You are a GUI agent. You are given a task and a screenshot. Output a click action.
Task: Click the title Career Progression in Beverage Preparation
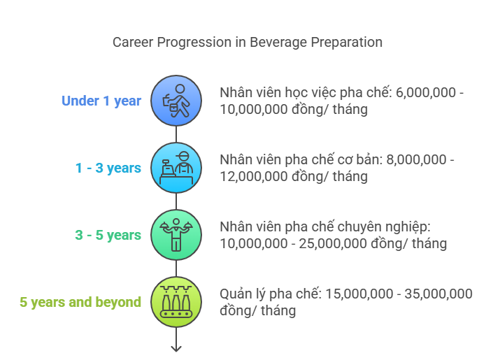point(248,43)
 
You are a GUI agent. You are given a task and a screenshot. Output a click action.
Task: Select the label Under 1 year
point(101,101)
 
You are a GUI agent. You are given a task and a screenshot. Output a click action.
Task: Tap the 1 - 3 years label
point(108,168)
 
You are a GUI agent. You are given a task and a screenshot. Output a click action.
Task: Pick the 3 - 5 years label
point(108,235)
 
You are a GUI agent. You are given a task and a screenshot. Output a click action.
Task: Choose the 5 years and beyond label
point(80,302)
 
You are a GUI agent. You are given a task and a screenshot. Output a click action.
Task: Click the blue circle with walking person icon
point(176,101)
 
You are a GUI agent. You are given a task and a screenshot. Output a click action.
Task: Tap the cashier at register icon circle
point(176,168)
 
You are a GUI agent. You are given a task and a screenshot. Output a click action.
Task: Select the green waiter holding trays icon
point(176,235)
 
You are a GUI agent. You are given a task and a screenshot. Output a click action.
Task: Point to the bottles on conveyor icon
point(176,302)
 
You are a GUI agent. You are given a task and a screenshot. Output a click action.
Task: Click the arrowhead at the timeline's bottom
point(176,349)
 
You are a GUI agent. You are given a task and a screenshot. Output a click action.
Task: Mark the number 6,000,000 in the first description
point(426,93)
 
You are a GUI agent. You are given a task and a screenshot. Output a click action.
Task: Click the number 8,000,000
point(416,159)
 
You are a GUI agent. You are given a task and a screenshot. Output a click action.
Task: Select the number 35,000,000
point(438,294)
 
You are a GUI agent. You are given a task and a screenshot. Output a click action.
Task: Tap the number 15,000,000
point(359,294)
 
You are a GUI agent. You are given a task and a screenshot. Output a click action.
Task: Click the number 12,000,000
point(254,176)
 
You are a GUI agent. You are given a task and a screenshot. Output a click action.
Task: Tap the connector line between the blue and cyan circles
point(176,134)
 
